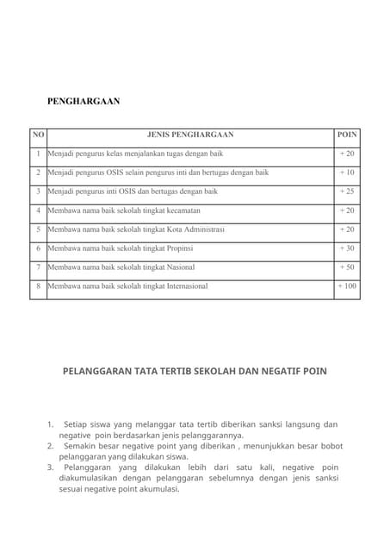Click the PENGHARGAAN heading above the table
[84, 102]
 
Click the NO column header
[38, 135]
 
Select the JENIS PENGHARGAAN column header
[190, 135]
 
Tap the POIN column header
[346, 135]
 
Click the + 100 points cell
[346, 285]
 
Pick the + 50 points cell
[346, 267]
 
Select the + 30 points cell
[346, 248]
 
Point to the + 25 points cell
[346, 191]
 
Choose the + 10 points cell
[346, 172]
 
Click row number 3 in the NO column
[38, 191]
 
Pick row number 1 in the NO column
[38, 154]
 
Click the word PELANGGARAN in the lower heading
[98, 372]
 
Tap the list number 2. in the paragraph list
[51, 446]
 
